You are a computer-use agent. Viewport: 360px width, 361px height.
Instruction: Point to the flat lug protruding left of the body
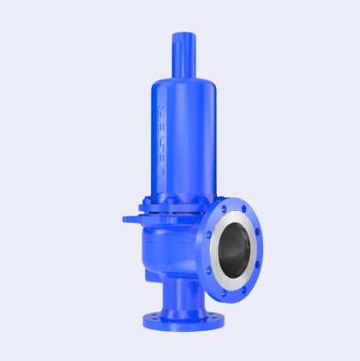click(129, 219)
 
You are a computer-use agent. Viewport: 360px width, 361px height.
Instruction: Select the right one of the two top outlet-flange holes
click(243, 206)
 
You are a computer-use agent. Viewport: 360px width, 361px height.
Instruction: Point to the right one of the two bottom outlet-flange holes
click(243, 292)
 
